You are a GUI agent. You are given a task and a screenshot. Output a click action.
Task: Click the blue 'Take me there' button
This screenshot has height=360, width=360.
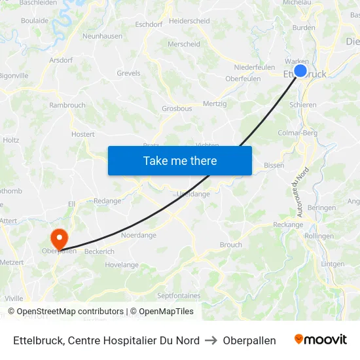coord(180,160)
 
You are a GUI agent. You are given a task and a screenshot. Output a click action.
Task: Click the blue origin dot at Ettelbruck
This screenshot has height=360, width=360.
coord(300,71)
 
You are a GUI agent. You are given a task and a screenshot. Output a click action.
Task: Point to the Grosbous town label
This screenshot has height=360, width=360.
coord(177,109)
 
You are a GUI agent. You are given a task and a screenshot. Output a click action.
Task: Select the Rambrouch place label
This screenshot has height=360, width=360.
coord(67,105)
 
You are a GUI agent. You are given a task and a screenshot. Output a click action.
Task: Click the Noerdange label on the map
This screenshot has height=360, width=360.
coord(139,235)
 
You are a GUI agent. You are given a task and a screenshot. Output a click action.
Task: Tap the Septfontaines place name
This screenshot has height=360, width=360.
coord(179,296)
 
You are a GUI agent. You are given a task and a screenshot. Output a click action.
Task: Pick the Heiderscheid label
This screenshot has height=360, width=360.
coord(189,21)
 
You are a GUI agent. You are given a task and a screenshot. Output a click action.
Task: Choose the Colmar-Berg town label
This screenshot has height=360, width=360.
coord(298,133)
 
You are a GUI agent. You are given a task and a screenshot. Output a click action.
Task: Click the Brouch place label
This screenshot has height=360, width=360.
coord(230,245)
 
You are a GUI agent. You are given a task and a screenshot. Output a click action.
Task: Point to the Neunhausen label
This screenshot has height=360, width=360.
coord(103,36)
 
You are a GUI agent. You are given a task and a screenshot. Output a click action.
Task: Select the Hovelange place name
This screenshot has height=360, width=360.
coord(122,265)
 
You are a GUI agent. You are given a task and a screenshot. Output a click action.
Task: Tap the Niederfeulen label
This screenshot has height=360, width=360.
coord(255,67)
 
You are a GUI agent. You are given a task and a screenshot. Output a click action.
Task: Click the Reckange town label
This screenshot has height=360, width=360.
coord(287,225)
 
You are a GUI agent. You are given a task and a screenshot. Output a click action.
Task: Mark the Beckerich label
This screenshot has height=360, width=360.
coord(99,251)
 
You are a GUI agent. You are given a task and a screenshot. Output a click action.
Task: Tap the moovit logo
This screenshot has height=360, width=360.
coord(321,340)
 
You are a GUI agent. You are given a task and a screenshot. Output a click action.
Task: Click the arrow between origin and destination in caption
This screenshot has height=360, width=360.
coord(211,340)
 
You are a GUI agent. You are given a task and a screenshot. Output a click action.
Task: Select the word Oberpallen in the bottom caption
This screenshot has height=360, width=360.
coord(249,340)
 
